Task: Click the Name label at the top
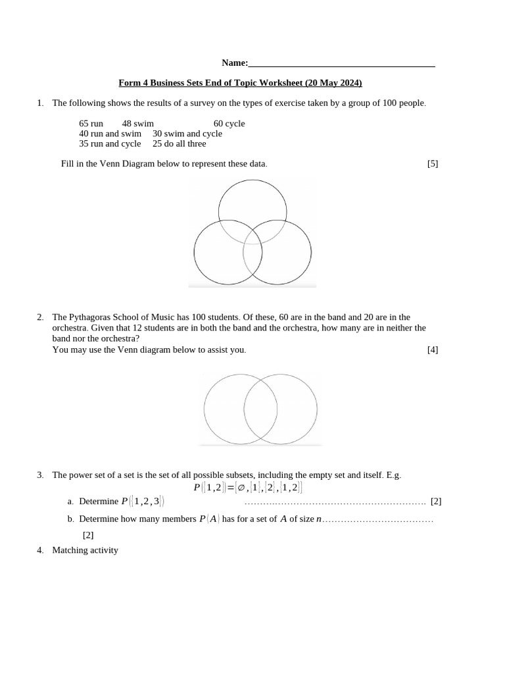[234, 63]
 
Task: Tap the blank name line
[342, 65]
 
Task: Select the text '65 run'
[91, 124]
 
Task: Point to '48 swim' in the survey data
[137, 124]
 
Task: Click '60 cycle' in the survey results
[229, 124]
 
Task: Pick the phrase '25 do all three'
[179, 143]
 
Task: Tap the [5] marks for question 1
[432, 163]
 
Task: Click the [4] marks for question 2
[432, 350]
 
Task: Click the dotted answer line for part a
[335, 502]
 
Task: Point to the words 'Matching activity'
[85, 550]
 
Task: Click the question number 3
[40, 475]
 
